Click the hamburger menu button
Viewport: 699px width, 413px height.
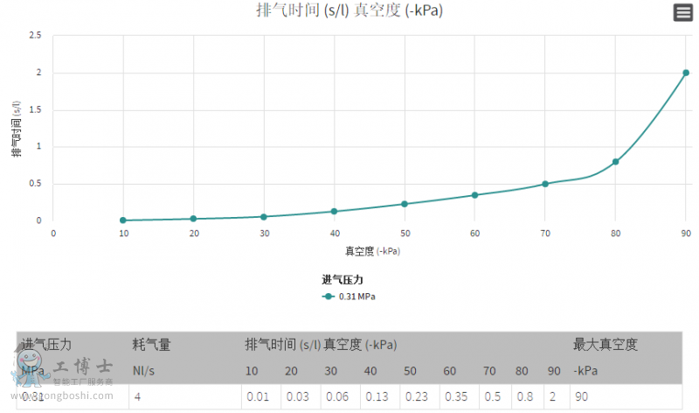tap(682, 12)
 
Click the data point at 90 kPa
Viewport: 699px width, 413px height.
tap(686, 73)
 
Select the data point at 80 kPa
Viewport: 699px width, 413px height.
tap(615, 162)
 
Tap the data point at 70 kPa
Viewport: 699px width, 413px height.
tap(545, 184)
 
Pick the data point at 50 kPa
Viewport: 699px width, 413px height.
tap(405, 204)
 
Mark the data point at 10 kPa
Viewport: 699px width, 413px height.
tap(123, 220)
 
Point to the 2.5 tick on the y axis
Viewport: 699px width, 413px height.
tap(35, 36)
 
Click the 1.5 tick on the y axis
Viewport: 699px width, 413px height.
tap(35, 110)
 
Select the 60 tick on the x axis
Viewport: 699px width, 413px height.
tap(474, 234)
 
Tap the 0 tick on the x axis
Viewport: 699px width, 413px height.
tap(53, 234)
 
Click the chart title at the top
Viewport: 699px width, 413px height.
tap(349, 11)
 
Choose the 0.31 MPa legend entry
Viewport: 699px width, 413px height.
tap(349, 297)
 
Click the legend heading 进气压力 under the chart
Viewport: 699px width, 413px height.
tap(342, 280)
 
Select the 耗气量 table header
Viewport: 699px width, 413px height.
tap(151, 345)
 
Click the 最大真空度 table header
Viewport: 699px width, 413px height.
tap(605, 345)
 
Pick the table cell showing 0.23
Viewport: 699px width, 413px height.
tap(417, 396)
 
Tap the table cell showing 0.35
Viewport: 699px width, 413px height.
tap(457, 396)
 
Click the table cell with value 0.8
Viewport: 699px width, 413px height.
tap(524, 396)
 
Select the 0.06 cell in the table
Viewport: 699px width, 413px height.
tap(337, 396)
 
